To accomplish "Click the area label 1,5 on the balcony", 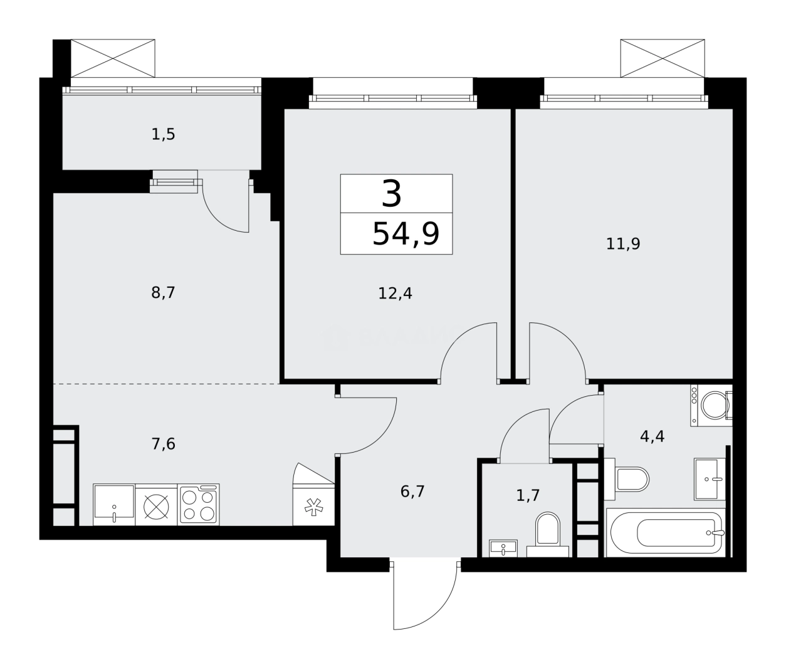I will pos(163,134).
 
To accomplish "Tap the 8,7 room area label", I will pos(163,292).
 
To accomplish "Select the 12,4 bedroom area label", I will pos(395,293).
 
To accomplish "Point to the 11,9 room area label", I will pos(622,244).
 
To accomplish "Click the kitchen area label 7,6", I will pos(163,445).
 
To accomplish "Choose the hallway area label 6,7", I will pos(412,492).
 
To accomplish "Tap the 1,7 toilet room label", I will pos(528,495).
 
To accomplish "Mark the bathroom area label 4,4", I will pos(652,436).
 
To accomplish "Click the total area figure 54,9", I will pos(406,234).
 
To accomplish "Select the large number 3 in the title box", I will pos(392,194).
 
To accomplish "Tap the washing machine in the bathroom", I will pos(711,406).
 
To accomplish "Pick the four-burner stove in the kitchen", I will pos(198,504).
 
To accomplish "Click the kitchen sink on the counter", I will pos(113,503).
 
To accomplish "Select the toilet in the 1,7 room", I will pos(548,533).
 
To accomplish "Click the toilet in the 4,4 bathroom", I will pos(631,478).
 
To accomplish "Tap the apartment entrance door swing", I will pos(423,593).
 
